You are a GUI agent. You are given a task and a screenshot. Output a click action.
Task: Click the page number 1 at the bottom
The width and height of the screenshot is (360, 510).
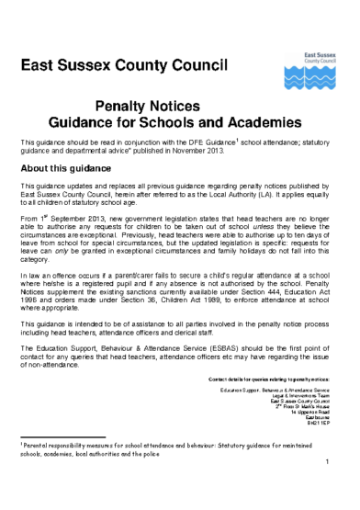pyautogui.click(x=326, y=490)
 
